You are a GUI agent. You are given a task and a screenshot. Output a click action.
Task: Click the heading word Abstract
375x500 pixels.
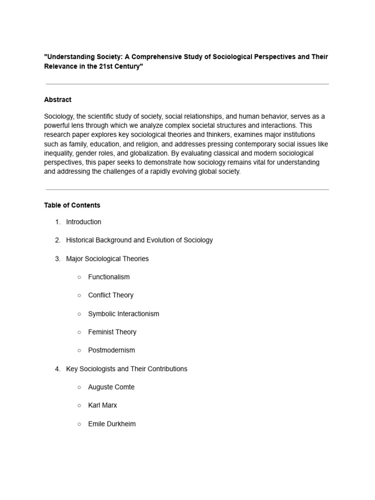tap(58, 100)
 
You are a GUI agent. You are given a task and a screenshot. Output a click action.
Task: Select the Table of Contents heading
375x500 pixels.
tap(72, 205)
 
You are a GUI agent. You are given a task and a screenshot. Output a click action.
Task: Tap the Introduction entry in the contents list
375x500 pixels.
tap(83, 222)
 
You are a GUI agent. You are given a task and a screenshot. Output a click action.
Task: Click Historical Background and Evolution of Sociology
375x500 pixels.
tap(139, 240)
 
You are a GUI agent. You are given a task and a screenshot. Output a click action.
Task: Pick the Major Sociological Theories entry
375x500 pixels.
tap(107, 259)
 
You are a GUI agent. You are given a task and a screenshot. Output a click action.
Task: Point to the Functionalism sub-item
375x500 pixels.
tap(109, 277)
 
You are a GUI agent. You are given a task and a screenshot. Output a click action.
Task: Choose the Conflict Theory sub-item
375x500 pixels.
tap(110, 295)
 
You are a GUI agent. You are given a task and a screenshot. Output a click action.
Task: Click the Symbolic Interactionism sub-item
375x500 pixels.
tap(124, 314)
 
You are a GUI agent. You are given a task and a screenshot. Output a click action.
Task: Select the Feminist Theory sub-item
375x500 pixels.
tap(112, 332)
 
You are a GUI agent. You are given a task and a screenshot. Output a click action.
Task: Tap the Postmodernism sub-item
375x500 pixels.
tap(111, 350)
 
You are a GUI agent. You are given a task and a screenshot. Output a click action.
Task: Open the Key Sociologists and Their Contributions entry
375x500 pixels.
tap(126, 369)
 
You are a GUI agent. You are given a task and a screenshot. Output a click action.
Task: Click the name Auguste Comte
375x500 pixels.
tap(111, 387)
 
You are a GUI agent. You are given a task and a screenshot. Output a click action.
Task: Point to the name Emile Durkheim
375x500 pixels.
tap(112, 424)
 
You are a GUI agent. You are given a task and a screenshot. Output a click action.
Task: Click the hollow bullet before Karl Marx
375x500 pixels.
tap(79, 405)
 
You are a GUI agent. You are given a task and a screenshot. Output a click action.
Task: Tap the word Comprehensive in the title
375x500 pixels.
tap(157, 57)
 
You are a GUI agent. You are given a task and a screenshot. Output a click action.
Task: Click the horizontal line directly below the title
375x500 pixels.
tap(187, 84)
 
